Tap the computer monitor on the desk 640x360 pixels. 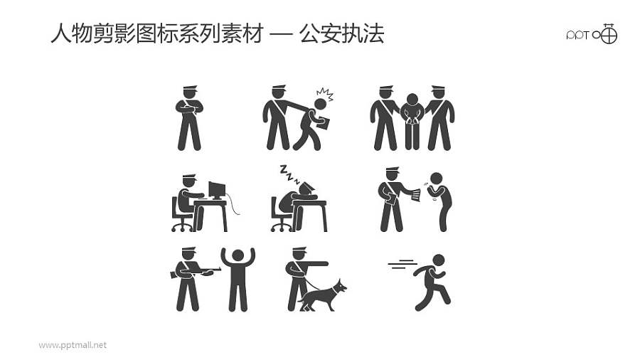(x=216, y=190)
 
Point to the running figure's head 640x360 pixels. (x=438, y=260)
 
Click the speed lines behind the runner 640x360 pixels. (x=402, y=265)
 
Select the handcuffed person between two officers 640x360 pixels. (x=412, y=121)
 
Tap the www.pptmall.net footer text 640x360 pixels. (x=73, y=345)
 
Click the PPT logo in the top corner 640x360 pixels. (x=591, y=34)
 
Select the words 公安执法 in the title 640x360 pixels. (x=342, y=33)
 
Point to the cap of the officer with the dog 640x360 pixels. (x=299, y=250)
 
